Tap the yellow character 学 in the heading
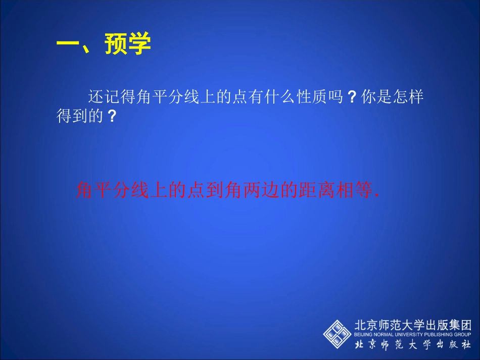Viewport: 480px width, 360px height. tap(139, 44)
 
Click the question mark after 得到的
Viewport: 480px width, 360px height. tap(113, 117)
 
